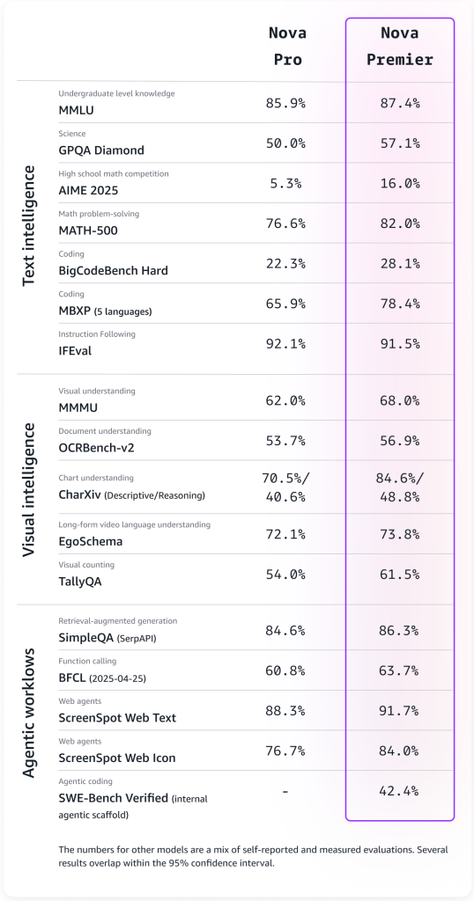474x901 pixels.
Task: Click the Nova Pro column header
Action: click(285, 47)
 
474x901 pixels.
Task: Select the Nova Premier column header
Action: click(400, 47)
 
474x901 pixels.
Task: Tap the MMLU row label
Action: click(77, 109)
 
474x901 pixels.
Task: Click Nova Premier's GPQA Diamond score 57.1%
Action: click(400, 143)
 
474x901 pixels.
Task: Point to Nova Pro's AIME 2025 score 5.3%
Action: click(285, 183)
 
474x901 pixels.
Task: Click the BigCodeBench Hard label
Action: click(113, 270)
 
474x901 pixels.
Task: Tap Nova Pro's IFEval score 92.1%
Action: click(285, 343)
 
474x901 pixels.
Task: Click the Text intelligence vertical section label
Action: click(28, 224)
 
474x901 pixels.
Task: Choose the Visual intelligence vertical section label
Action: click(28, 488)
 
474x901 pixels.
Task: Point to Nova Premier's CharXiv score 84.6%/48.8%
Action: click(400, 487)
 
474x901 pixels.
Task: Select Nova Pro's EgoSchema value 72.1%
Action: click(285, 533)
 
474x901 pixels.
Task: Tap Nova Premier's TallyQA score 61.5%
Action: click(400, 574)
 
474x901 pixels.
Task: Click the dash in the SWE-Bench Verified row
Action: click(285, 791)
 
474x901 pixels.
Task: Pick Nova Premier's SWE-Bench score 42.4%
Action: click(400, 791)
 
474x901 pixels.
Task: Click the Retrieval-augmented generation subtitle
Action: click(117, 620)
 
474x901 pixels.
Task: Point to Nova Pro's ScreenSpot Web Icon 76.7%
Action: click(285, 751)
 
